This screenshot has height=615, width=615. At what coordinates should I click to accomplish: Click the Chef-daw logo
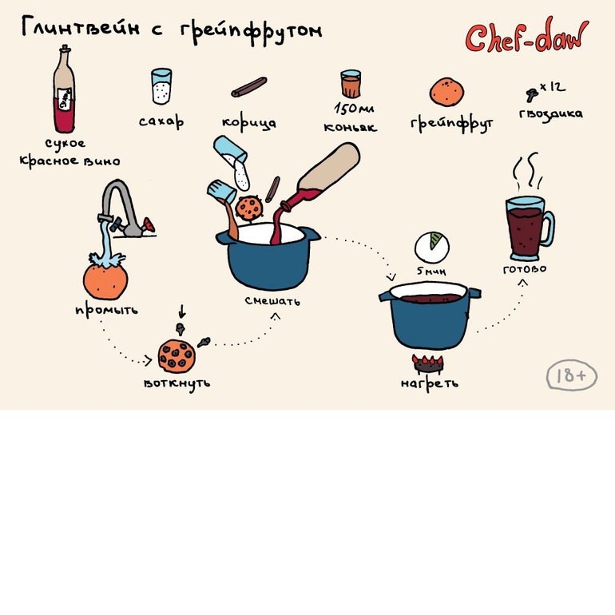[527, 35]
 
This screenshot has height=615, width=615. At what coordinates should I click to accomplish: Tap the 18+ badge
[571, 375]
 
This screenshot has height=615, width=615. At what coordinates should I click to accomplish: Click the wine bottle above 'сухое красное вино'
[65, 89]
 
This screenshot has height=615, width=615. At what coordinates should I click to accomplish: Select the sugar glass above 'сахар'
[161, 86]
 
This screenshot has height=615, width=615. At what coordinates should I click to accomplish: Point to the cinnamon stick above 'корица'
[248, 87]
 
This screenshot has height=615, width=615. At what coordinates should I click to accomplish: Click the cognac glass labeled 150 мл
[351, 84]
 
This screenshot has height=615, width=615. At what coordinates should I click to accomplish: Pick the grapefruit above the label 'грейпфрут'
[446, 92]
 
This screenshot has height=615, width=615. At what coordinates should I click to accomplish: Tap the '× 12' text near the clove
[553, 87]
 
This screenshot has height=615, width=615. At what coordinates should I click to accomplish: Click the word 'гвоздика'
[550, 114]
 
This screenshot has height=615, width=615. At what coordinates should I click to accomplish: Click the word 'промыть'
[107, 310]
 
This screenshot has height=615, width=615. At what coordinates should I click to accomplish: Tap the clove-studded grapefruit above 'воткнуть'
[177, 356]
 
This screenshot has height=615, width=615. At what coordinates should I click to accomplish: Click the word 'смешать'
[272, 301]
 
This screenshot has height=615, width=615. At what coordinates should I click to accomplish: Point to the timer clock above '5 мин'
[432, 248]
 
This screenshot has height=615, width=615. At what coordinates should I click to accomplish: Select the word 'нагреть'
[430, 383]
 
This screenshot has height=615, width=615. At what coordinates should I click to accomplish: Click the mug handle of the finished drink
[549, 229]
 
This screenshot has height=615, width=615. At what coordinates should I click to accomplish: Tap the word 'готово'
[525, 269]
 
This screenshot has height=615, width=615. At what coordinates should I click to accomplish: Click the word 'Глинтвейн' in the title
[81, 26]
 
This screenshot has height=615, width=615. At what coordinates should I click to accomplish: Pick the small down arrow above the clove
[181, 311]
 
